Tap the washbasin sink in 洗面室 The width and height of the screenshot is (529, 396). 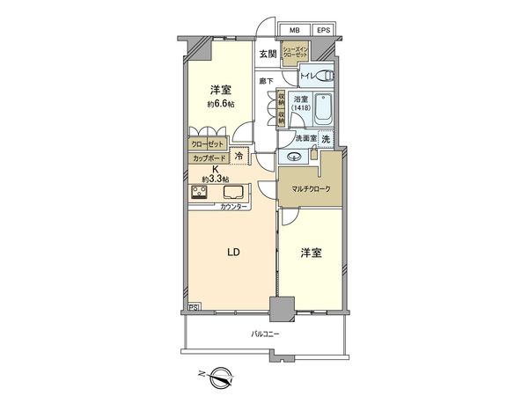pos(294,157)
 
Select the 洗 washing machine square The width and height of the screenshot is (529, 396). pos(326,140)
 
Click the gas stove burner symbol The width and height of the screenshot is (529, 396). pos(198,193)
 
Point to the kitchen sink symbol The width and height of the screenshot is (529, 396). pos(234,193)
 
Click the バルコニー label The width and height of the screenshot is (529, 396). pos(265,335)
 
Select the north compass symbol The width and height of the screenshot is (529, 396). pos(217,379)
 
